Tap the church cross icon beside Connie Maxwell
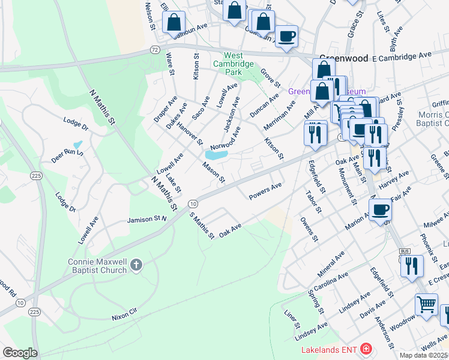[136, 265]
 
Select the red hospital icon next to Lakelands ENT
[366, 349]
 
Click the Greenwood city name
[343, 59]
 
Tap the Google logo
[20, 353]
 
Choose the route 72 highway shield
[155, 50]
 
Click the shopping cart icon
[426, 303]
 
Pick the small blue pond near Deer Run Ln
[77, 145]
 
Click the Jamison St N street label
[146, 220]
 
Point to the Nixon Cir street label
[124, 313]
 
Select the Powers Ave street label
[265, 190]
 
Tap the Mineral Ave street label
[331, 263]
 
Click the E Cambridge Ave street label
[402, 56]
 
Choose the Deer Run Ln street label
[67, 155]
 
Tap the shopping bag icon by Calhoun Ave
[173, 23]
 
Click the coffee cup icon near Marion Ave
[381, 211]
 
